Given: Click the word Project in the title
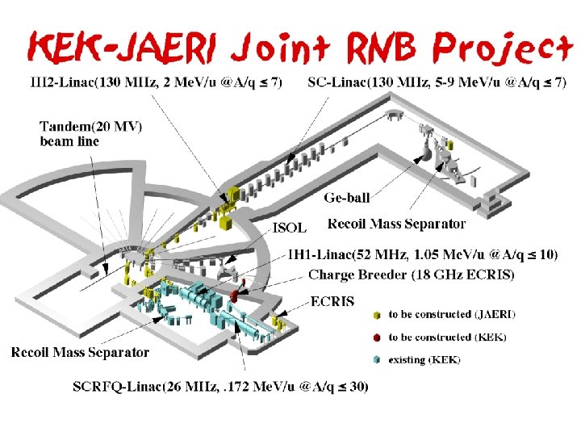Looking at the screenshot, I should coord(503,49).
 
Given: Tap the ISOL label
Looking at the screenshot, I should coord(290,226).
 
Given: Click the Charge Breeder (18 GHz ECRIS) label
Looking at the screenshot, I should coord(411,275).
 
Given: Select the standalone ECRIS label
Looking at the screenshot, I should coord(331,300).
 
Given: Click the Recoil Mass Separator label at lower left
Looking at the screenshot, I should coord(80,351).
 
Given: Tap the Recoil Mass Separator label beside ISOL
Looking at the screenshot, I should coord(397,223).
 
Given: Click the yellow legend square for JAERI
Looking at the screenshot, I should coord(376,314).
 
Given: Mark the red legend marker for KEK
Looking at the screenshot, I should coord(376,337).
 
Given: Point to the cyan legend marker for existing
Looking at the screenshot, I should coord(376,359).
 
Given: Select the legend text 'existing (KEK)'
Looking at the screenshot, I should coord(424,359).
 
